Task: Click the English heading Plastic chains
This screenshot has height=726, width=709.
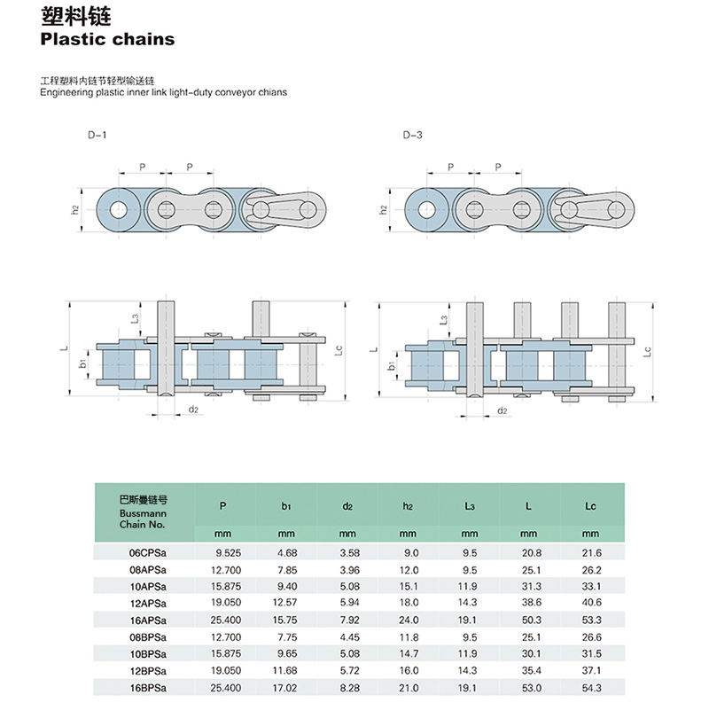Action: coord(107,39)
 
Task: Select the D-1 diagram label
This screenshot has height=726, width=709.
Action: coord(97,136)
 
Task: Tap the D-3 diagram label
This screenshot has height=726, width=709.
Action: coord(412,136)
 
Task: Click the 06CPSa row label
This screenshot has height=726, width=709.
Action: coord(148,553)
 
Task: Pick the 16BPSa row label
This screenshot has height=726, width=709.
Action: coord(148,688)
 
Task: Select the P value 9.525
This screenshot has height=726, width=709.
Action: coord(228,553)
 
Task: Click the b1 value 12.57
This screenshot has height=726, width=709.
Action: coord(284,603)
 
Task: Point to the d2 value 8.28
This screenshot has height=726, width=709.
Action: coord(350,688)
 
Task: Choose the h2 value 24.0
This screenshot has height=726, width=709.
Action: coord(409,620)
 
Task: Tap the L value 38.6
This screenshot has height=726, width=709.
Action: coord(531,603)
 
